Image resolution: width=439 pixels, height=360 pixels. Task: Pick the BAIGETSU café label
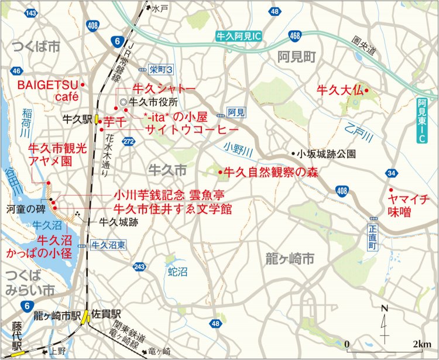click(x=47, y=90)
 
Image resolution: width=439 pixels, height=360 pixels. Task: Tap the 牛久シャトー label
click(x=164, y=89)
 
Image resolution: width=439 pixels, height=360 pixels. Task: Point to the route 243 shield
click(x=139, y=267)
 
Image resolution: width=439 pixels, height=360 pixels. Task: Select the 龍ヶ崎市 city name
click(x=290, y=258)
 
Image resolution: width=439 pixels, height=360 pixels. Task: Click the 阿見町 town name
click(x=297, y=57)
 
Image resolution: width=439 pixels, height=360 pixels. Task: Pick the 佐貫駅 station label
click(x=106, y=314)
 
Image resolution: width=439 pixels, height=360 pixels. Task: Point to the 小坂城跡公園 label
click(x=325, y=155)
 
